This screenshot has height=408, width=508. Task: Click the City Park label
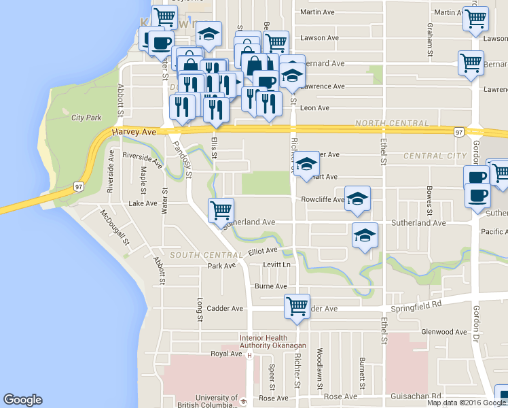click(x=87, y=117)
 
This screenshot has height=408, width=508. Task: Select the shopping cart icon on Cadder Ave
click(x=297, y=306)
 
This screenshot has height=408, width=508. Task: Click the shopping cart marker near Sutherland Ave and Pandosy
click(x=221, y=211)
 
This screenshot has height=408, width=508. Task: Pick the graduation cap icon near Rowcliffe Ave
click(x=357, y=199)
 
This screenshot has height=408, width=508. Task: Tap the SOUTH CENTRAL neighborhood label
click(x=198, y=255)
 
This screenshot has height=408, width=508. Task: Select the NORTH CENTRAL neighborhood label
click(x=392, y=123)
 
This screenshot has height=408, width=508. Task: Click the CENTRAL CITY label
click(x=435, y=156)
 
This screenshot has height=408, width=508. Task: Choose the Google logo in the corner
click(x=22, y=400)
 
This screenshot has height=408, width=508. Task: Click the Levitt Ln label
click(x=276, y=265)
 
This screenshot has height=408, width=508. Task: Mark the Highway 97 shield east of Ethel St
click(x=460, y=131)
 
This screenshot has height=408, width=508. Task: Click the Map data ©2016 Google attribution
click(x=467, y=403)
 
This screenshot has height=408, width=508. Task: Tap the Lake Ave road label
click(x=142, y=203)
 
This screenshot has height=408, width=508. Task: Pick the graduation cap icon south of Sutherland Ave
click(x=365, y=236)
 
